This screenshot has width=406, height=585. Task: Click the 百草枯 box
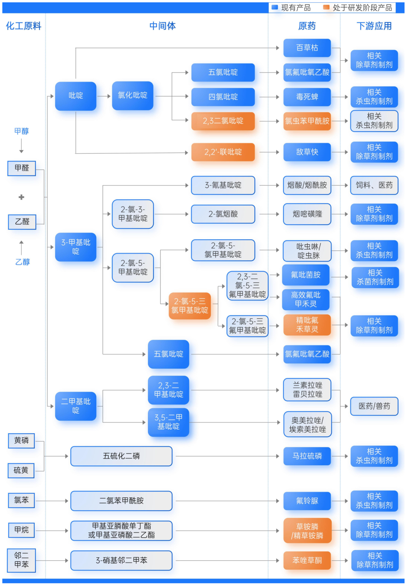[x=307, y=48]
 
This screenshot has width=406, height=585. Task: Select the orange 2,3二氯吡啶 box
[x=223, y=121]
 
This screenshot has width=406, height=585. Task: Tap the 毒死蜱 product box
[x=307, y=97]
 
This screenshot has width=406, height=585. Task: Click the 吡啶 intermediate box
[x=76, y=96]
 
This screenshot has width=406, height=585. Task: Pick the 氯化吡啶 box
[x=133, y=95]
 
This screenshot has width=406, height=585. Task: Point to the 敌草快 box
[x=307, y=152]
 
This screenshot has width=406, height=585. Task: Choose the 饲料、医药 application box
[x=374, y=185]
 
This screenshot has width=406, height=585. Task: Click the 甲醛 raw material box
[x=22, y=168]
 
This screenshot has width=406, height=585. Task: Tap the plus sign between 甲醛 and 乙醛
[x=21, y=197]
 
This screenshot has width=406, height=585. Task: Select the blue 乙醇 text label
[x=22, y=262]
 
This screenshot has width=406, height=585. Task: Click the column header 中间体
[x=162, y=26]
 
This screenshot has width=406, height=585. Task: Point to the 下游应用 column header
[x=374, y=26]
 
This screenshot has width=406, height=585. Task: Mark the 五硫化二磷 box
[x=121, y=456]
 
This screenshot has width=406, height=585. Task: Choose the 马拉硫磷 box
[x=307, y=456]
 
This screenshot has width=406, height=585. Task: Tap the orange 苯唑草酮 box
[x=307, y=560]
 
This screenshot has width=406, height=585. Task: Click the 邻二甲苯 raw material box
[x=21, y=560]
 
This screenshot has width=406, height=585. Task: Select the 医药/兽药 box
[x=374, y=406]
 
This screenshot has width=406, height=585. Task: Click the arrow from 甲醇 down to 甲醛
[x=21, y=146]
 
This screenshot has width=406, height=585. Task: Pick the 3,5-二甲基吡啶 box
[x=168, y=422]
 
